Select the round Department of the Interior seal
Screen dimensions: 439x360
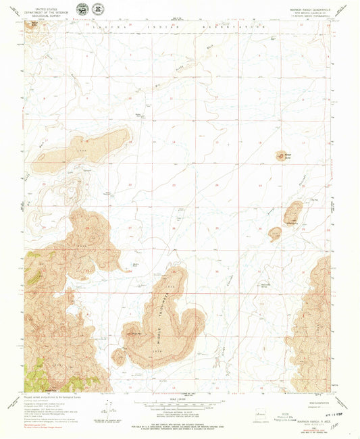82,9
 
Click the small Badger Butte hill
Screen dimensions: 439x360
281,157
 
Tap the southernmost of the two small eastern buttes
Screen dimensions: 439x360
274,234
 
